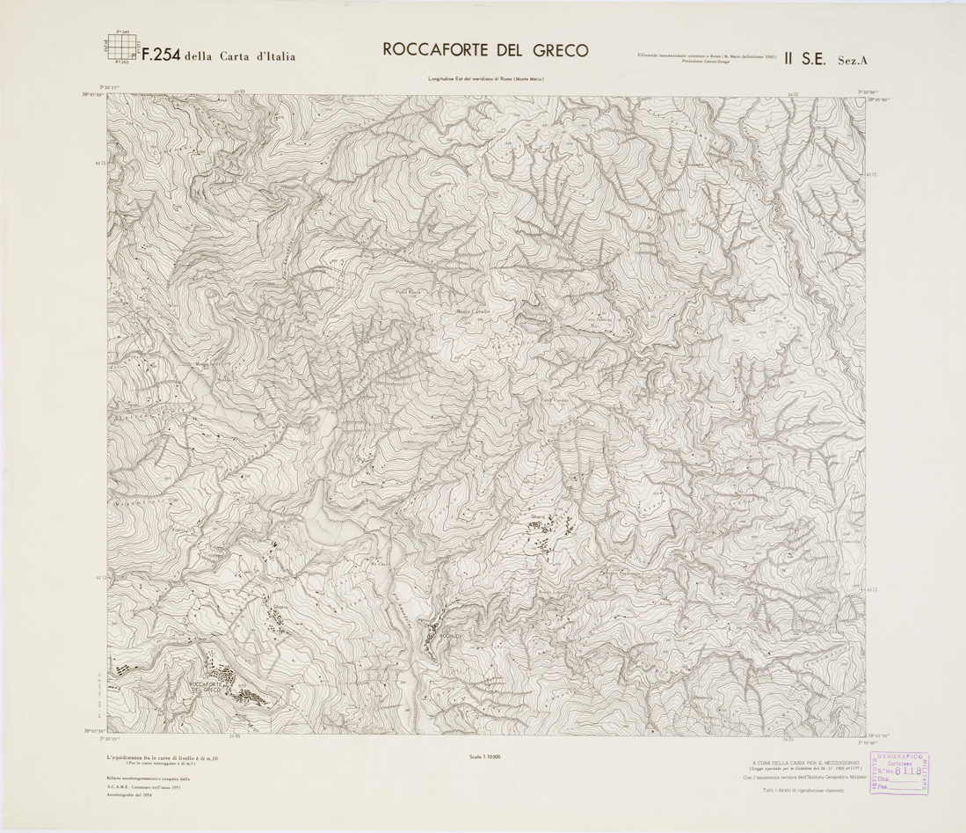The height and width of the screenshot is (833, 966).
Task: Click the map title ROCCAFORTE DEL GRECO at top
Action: click(x=485, y=50)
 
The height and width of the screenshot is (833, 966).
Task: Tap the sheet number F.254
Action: click(x=161, y=55)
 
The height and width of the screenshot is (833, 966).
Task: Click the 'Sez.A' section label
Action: click(x=852, y=60)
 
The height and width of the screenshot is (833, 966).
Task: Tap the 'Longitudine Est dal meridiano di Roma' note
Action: click(x=486, y=80)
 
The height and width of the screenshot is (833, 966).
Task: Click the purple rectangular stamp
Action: click(x=899, y=774)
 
